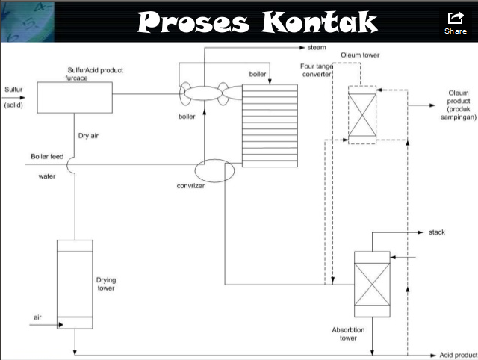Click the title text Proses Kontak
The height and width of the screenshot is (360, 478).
pyautogui.click(x=258, y=22)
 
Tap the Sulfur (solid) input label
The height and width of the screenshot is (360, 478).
pyautogui.click(x=13, y=97)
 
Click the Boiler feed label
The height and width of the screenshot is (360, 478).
pyautogui.click(x=46, y=157)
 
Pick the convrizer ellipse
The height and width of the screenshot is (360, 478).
pyautogui.click(x=215, y=170)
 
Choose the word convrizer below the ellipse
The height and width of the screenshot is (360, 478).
pyautogui.click(x=191, y=186)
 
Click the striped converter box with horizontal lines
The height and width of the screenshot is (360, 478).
pyautogui.click(x=269, y=124)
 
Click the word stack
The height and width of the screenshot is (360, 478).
pyautogui.click(x=437, y=233)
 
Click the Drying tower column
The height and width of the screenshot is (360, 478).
pyautogui.click(x=75, y=284)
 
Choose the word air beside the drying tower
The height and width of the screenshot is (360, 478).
pyautogui.click(x=37, y=318)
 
